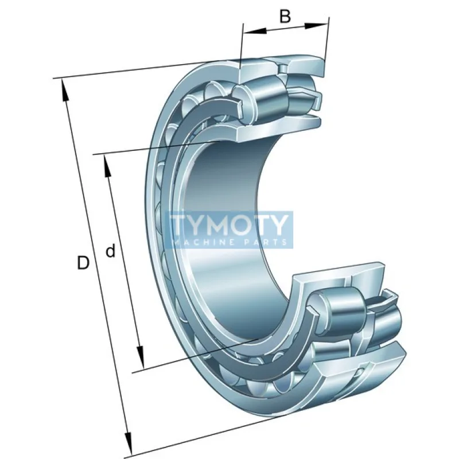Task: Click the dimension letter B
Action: (285, 17)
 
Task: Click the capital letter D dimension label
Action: (83, 262)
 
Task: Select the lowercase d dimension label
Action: (110, 251)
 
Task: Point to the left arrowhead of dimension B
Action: (255, 31)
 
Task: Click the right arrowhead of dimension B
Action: (316, 25)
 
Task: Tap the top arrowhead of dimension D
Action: (65, 91)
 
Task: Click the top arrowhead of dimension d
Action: (107, 166)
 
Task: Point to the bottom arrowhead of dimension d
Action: (141, 356)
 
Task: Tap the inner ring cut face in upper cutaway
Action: (279, 128)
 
